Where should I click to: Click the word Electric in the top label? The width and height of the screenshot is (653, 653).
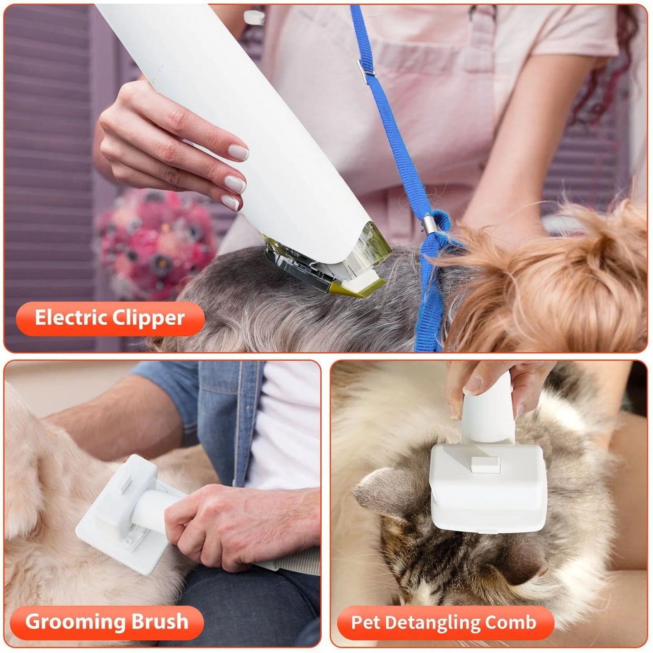point(71,318)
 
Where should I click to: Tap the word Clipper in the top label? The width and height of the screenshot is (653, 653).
point(148,319)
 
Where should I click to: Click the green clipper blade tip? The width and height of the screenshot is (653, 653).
point(362,289)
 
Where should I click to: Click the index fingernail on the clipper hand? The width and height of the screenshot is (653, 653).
point(238,152)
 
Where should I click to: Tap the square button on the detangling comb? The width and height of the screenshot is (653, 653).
point(484,464)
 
